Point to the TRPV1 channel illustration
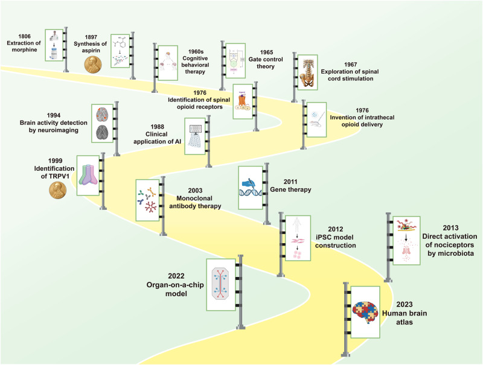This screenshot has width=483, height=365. tap(89, 176)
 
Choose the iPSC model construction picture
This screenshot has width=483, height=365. tap(297, 237)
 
